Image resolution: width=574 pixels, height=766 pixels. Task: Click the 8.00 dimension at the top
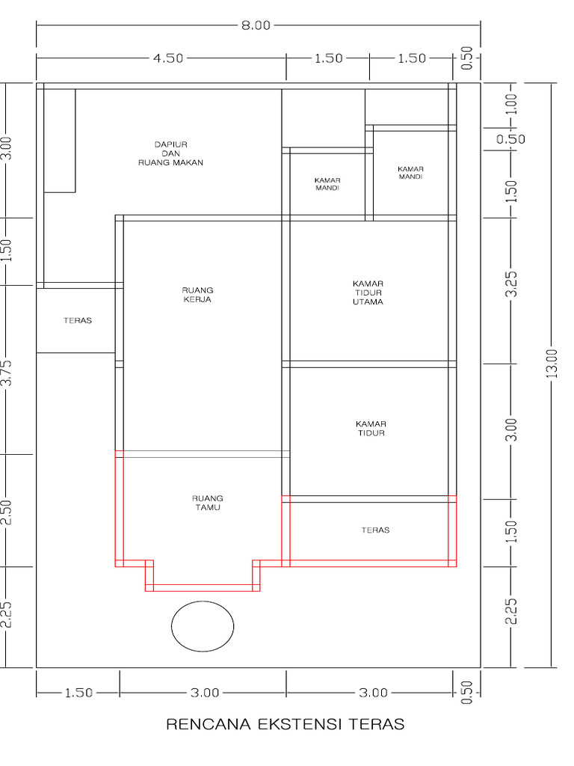pos(256,25)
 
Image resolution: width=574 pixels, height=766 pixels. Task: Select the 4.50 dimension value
pos(168,58)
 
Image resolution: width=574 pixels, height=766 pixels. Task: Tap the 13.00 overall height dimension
pos(552,364)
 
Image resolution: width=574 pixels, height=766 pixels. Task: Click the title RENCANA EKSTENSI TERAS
pos(286,724)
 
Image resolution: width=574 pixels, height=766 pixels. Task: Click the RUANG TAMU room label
pos(208,503)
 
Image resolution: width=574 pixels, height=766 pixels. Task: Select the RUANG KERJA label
pos(197,295)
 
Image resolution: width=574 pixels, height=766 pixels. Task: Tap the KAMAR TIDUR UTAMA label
pos(368,292)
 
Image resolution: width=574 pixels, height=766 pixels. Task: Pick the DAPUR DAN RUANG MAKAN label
pos(171,153)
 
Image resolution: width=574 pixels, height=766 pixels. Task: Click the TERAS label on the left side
pos(78,320)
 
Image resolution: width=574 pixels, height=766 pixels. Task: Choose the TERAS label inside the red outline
pos(375,530)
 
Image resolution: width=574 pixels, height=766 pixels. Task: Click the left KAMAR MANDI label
pos(327,184)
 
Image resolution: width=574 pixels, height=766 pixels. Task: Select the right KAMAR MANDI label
pos(411,173)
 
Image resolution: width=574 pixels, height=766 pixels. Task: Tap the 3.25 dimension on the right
pos(511,284)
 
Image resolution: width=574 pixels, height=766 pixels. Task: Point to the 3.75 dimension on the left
pos(7,373)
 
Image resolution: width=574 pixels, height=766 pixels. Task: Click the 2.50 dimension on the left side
pos(7,512)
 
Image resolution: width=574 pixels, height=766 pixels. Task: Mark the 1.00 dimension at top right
pos(511,104)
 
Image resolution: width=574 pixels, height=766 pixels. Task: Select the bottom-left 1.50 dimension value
pos(78,693)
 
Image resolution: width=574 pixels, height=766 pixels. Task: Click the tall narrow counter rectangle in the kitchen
pos(60,141)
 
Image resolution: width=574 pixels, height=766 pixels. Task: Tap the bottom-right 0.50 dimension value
pos(466,692)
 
